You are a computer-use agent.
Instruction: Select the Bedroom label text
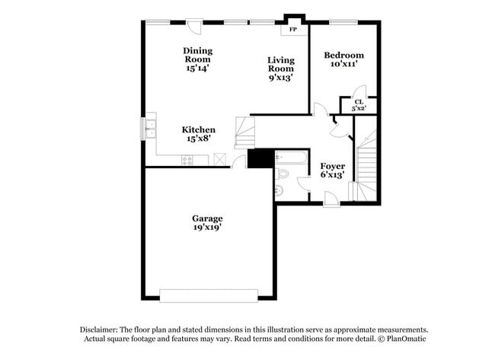[343, 56]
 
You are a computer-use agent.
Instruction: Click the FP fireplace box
[293, 30]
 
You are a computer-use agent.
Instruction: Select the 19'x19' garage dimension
[207, 228]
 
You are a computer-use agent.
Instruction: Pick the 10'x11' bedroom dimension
[343, 65]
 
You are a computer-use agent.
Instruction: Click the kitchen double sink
[151, 127]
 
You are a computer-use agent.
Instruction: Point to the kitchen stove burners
[187, 159]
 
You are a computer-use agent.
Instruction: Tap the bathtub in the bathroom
[291, 158]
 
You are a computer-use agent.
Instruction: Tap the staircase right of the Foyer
[366, 164]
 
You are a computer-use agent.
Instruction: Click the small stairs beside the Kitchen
[244, 132]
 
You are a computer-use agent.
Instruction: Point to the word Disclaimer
[101, 330]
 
